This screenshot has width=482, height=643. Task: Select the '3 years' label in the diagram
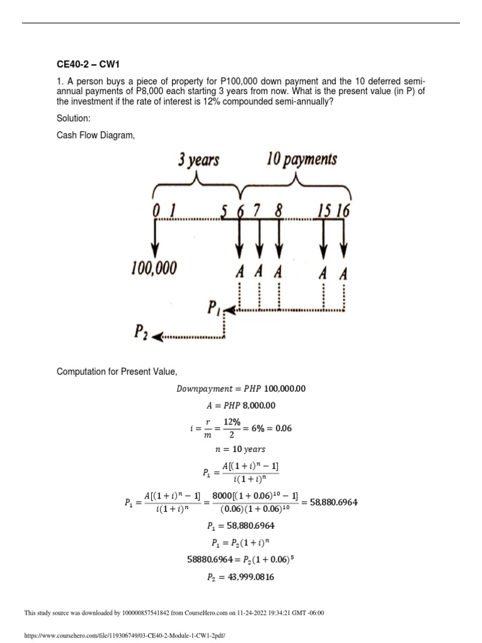198,160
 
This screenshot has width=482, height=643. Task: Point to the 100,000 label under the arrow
154,269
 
